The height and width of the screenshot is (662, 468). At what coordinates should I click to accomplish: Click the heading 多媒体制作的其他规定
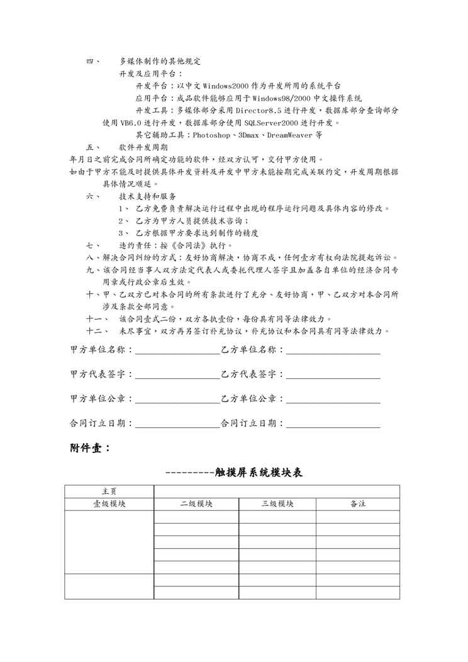(160, 62)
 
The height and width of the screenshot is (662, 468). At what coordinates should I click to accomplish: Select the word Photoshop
(213, 135)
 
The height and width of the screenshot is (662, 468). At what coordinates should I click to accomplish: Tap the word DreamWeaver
(290, 135)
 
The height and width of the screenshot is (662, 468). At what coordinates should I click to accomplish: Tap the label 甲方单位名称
(99, 350)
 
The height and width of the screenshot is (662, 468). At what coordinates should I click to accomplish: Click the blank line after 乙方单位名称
(333, 354)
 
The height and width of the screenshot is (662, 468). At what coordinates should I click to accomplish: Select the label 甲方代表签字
(99, 374)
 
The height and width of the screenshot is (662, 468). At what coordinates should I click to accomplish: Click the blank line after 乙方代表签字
(333, 378)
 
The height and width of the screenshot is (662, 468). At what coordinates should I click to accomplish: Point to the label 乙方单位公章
(250, 399)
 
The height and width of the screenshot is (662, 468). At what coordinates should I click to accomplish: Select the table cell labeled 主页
(109, 491)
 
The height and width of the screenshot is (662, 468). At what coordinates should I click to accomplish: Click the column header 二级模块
(196, 504)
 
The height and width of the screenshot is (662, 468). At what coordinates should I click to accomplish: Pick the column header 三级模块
(277, 504)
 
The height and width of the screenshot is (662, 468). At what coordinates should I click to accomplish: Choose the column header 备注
(358, 504)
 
